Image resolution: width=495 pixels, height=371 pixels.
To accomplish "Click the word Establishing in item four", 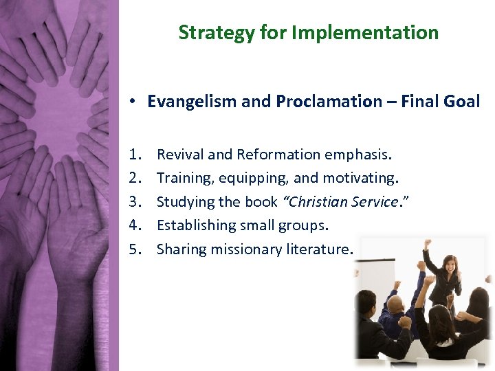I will click(195, 225).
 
